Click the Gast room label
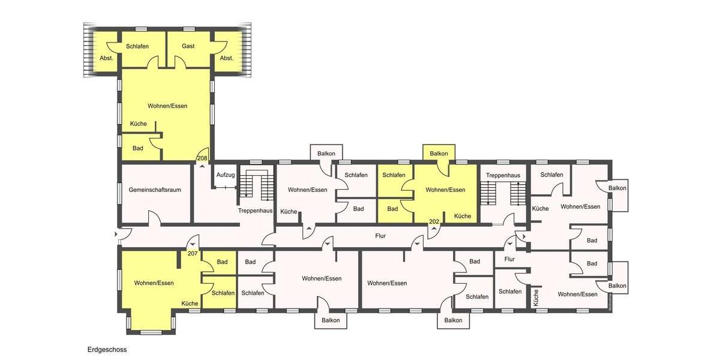pos(188,46)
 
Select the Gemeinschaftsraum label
pos(155,190)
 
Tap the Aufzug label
pos(226,175)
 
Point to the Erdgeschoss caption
pos(107,349)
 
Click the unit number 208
pos(202,158)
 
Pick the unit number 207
pos(193,254)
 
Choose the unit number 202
pos(434,222)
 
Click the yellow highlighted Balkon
pos(439,154)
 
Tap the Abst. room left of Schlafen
pos(106,58)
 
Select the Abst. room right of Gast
pos(226,58)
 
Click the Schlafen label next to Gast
pos(137,46)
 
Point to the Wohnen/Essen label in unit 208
pos(167,106)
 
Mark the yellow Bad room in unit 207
pos(222,262)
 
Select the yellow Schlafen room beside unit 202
pos(394,175)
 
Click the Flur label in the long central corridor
pos(380,236)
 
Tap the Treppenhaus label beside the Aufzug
pos(255,211)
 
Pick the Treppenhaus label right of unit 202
pos(503,175)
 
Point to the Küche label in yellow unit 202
pos(462,216)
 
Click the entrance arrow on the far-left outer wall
pos(115,234)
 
